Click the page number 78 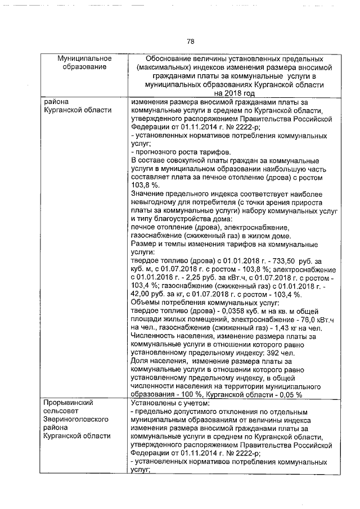click(x=190, y=41)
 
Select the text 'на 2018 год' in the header click(x=234, y=93)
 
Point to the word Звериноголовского click(x=78, y=420)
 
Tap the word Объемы click(x=145, y=303)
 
